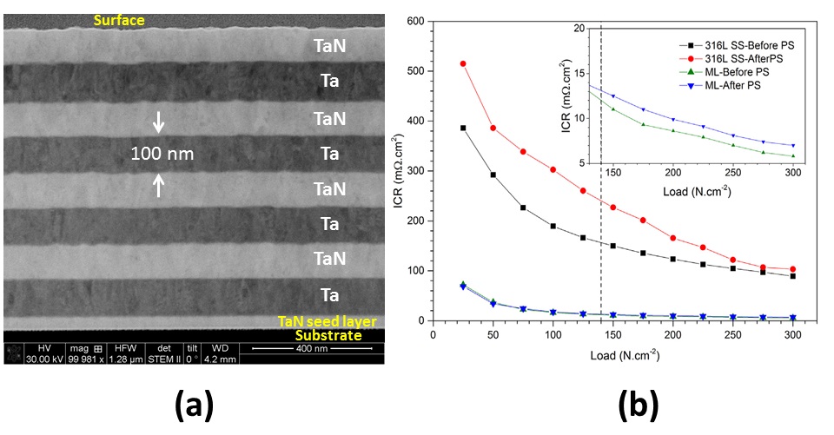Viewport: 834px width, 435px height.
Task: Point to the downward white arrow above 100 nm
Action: (x=158, y=123)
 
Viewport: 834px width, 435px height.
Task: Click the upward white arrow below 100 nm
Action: (x=158, y=184)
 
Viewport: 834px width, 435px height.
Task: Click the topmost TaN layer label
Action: (x=329, y=49)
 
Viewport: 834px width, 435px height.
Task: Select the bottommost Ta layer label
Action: (x=329, y=294)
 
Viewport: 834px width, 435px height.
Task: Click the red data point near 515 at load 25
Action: (x=463, y=63)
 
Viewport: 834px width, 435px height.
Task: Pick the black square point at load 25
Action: (x=463, y=128)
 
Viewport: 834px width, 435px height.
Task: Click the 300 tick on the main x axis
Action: (x=793, y=333)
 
